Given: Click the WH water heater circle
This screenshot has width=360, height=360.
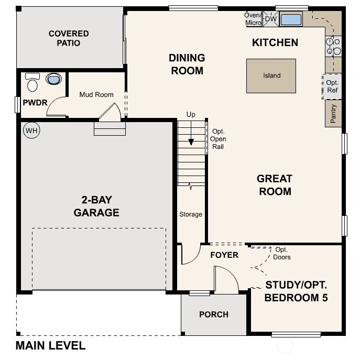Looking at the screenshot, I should click(x=31, y=130).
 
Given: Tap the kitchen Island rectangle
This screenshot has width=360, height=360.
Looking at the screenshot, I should click(x=271, y=75).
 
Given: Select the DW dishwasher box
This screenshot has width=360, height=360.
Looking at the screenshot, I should click(x=270, y=19).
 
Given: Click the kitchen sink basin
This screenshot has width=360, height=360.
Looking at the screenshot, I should click(x=291, y=20).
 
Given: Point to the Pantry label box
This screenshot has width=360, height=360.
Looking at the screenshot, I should click(x=333, y=114).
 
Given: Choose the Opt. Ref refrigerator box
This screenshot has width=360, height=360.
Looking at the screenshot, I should click(x=332, y=86).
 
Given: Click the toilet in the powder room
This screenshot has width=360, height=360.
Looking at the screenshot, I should click(x=32, y=83).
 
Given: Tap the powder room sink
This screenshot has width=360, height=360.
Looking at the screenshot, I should click(x=53, y=79).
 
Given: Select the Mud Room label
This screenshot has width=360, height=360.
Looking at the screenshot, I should click(x=96, y=95).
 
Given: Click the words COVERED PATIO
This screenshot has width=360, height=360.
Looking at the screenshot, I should click(x=69, y=38).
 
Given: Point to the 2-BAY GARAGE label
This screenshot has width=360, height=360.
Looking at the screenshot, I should click(x=96, y=206).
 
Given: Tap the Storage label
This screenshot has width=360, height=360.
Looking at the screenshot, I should click(x=191, y=214).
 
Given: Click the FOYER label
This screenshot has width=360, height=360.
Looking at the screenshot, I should click(x=224, y=255).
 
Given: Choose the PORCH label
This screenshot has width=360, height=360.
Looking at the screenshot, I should click(x=214, y=314).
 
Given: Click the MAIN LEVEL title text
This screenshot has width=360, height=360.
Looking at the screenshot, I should click(x=50, y=346).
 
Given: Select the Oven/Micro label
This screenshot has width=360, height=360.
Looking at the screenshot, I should click(x=253, y=19).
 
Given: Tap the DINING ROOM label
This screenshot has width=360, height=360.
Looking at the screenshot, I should click(x=187, y=64).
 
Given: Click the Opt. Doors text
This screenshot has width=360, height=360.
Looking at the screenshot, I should click(x=282, y=254).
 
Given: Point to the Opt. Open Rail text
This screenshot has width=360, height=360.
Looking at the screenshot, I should click(x=218, y=139).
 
